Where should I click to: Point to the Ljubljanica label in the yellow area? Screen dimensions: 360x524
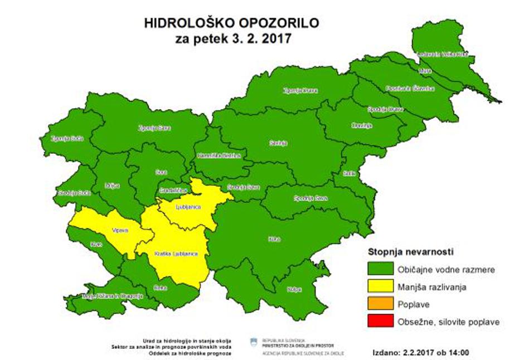tap(187, 207)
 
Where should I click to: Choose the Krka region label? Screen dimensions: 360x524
tap(274, 239)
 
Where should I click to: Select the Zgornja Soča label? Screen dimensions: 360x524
tap(67, 138)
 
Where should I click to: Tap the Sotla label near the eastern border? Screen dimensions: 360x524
tap(350, 173)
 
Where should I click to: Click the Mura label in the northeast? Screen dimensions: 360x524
tap(425, 71)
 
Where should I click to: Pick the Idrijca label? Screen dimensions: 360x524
tap(112, 185)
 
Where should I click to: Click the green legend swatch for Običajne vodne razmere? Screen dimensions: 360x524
tap(379, 269)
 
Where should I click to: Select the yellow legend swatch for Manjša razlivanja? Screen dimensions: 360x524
tap(379, 287)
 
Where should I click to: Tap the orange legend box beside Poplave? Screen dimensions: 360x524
tap(379, 304)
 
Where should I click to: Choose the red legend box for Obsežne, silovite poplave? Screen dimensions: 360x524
tap(379, 322)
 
